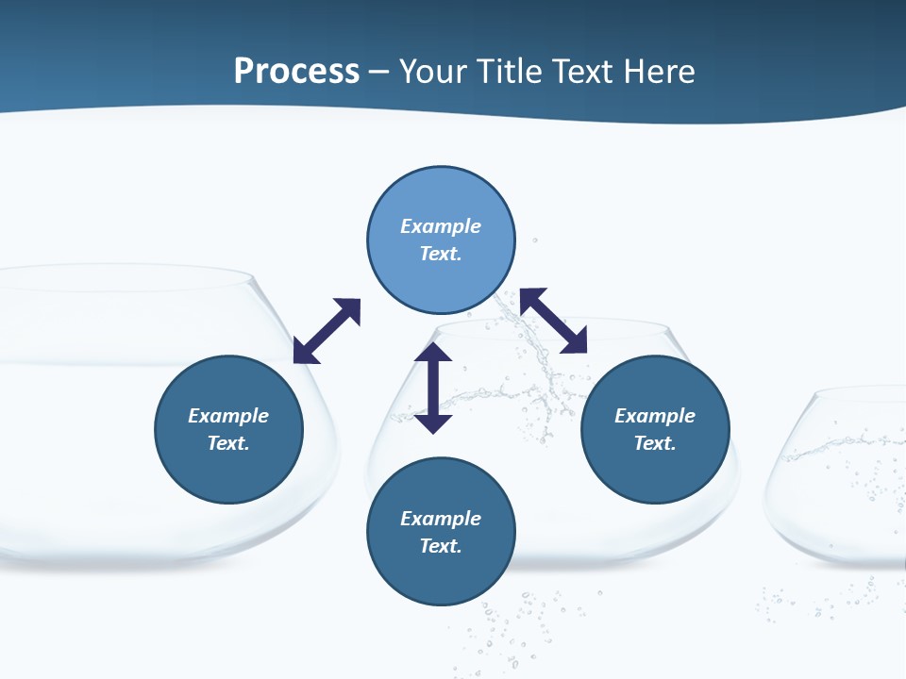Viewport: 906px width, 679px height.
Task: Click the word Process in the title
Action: [296, 72]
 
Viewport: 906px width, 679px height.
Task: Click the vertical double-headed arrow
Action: [433, 388]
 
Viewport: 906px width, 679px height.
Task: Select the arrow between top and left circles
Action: [327, 331]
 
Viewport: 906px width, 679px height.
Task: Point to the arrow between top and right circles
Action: [554, 321]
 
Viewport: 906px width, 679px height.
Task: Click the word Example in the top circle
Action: [441, 226]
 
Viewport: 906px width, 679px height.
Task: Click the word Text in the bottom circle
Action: [439, 546]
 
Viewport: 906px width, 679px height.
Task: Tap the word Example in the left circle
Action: [228, 416]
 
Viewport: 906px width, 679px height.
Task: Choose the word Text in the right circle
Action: [653, 443]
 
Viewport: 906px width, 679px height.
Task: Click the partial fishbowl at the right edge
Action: [840, 481]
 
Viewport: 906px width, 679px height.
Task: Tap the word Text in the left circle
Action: [226, 443]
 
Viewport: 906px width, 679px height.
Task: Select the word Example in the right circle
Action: [655, 416]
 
